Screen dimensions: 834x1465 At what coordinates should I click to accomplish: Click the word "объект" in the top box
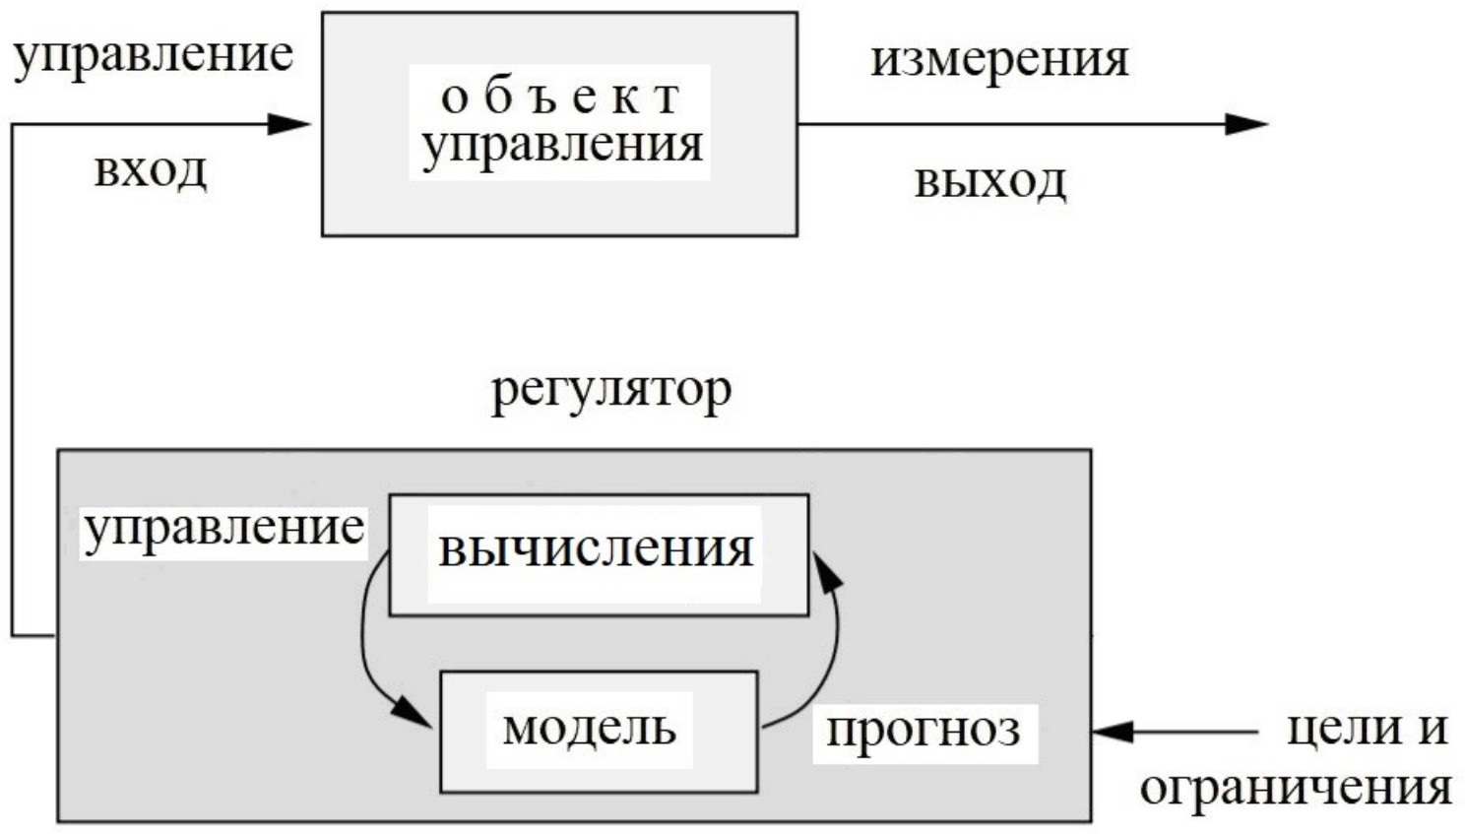pos(560,96)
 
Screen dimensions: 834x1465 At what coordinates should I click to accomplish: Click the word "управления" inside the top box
pos(562,145)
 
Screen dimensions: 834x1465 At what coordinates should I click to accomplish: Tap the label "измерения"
pos(998,59)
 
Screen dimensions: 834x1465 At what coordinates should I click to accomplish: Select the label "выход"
pos(989,181)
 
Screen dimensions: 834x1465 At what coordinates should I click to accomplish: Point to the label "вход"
pos(151,170)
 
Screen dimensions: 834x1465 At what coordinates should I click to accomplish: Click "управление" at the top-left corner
pos(154,54)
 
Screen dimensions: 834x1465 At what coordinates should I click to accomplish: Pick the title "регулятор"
pos(611,392)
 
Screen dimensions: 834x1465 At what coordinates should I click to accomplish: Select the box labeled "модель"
pos(598,731)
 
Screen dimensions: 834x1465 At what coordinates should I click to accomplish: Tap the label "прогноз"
pos(924,732)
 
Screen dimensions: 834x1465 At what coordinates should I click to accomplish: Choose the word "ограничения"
pos(1296,789)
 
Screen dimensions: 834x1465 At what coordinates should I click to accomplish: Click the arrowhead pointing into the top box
pos(289,124)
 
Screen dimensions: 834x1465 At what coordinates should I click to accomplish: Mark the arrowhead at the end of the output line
pos(1244,124)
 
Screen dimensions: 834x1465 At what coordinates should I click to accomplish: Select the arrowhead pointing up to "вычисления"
pos(830,572)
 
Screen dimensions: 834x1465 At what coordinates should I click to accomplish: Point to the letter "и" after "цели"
pos(1433,729)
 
